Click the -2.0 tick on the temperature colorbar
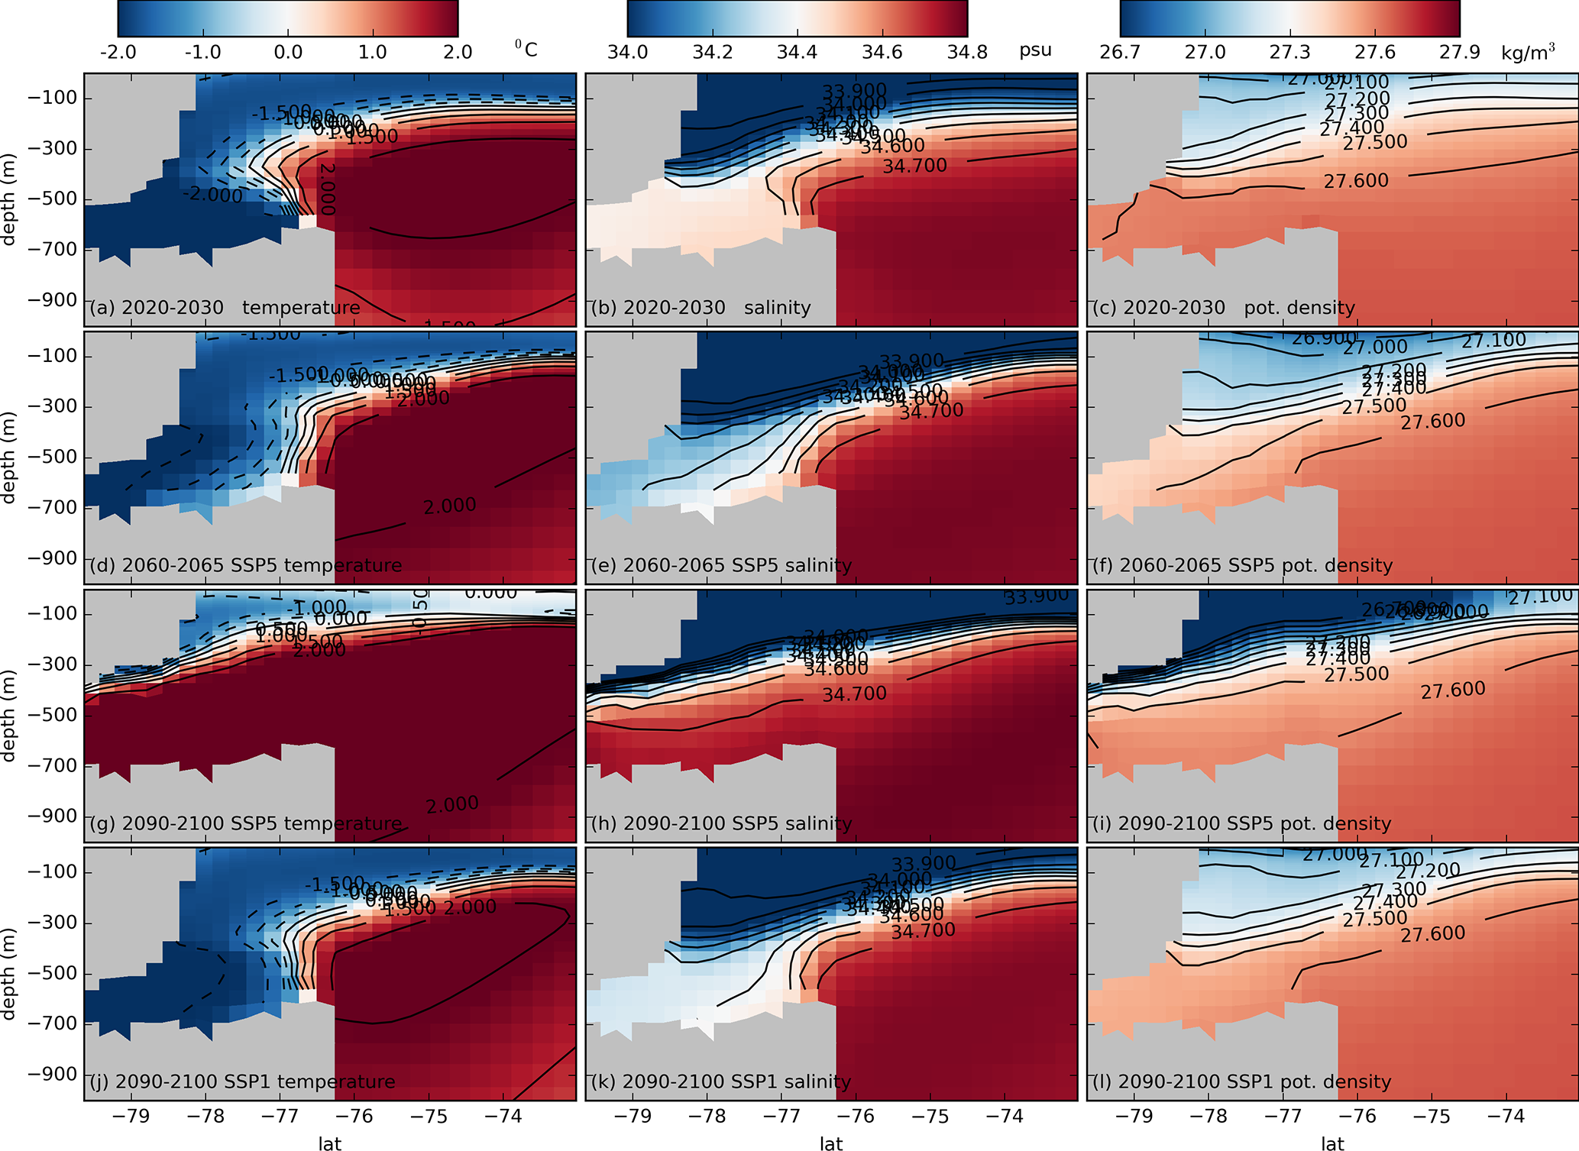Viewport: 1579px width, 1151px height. coord(118,52)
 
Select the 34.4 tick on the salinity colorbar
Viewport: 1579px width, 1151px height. coord(797,52)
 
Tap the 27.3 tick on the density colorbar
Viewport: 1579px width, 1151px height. coord(1289,52)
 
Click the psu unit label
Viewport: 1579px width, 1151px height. coord(1035,50)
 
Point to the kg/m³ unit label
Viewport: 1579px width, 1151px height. coord(1528,51)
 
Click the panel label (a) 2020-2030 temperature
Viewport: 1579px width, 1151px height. coord(225,308)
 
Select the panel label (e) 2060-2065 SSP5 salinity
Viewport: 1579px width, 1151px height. coord(721,566)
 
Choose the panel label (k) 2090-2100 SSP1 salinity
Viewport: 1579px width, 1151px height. coord(720,1082)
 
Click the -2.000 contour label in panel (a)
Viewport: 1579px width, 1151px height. coord(212,196)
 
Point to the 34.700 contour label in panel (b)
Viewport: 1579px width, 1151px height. coord(914,166)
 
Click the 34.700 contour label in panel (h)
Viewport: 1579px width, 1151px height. coord(854,694)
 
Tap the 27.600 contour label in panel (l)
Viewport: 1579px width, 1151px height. coord(1432,933)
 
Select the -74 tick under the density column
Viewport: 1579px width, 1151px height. coord(1506,1117)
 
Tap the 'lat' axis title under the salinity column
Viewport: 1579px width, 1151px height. coord(831,1143)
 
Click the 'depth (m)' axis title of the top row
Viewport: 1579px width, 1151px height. coord(9,199)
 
